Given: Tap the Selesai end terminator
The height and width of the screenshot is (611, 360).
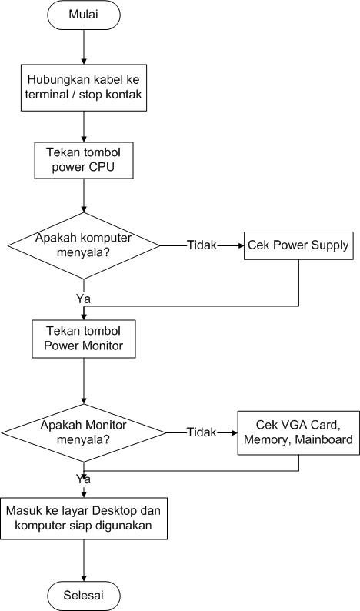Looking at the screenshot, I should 83,595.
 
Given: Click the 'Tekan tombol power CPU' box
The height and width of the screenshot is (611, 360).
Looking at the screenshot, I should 83,159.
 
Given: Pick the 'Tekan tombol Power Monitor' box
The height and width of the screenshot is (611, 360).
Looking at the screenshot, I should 83,339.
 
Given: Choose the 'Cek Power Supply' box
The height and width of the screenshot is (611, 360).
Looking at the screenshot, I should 298,246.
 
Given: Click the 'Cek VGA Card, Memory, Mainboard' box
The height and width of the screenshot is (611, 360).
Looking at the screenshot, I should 297,432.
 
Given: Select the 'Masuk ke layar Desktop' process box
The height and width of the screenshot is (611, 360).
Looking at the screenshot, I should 83,517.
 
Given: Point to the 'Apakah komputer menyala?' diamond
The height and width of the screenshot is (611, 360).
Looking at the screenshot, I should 83,246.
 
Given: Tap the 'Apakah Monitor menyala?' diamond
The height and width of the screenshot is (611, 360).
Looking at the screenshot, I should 83,432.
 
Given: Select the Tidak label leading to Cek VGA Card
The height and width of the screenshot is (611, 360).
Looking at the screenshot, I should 202,432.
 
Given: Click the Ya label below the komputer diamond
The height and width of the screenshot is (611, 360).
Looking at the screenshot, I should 84,297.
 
